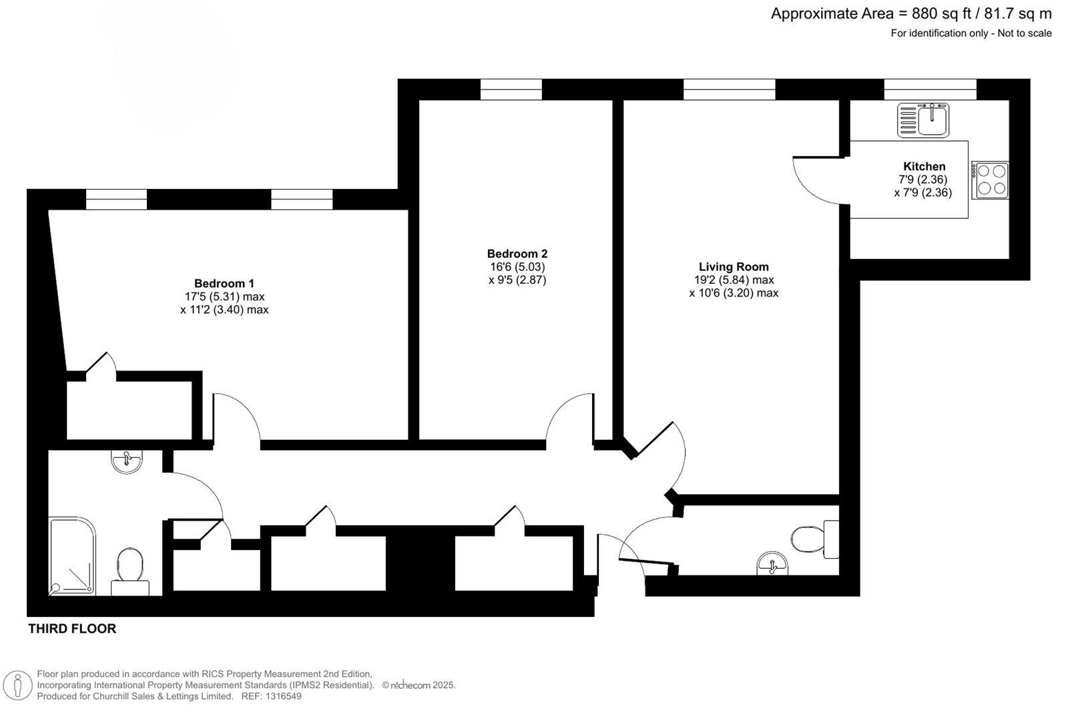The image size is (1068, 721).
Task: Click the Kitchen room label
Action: click(924, 166)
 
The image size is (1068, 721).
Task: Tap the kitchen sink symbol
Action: click(923, 120)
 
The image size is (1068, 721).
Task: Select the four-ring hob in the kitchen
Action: click(990, 180)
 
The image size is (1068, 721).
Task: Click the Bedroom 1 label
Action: click(224, 283)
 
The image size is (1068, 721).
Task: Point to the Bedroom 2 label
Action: click(517, 254)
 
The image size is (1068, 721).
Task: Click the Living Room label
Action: click(734, 266)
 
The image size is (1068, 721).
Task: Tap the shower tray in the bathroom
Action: click(72, 555)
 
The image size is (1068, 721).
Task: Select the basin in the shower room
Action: click(126, 461)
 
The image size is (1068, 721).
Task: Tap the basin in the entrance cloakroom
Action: click(772, 565)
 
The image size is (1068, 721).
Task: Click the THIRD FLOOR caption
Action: click(72, 628)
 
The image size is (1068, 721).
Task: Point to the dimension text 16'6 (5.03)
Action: click(517, 267)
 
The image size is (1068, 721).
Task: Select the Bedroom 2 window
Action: click(511, 89)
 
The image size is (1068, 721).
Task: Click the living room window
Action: click(729, 89)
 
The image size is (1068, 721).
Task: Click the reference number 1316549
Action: click(283, 696)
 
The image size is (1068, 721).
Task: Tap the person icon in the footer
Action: click(17, 686)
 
